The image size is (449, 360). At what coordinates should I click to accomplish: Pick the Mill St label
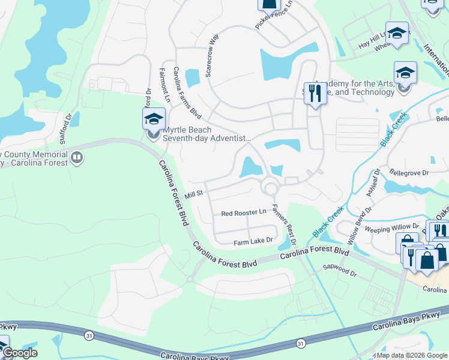pos(195,194)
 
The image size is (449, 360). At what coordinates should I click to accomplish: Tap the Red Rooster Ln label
pos(244,213)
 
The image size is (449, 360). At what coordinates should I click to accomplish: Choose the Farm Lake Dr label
pos(253,241)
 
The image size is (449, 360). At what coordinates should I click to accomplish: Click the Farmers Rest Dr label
pos(285,223)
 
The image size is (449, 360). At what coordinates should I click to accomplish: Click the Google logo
pos(19,353)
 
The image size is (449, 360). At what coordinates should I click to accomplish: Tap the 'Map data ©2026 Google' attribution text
pos(409,355)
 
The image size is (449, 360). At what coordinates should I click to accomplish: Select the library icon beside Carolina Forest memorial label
pos(76,158)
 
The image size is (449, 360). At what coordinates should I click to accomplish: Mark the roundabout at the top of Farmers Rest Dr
pos(271,189)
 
